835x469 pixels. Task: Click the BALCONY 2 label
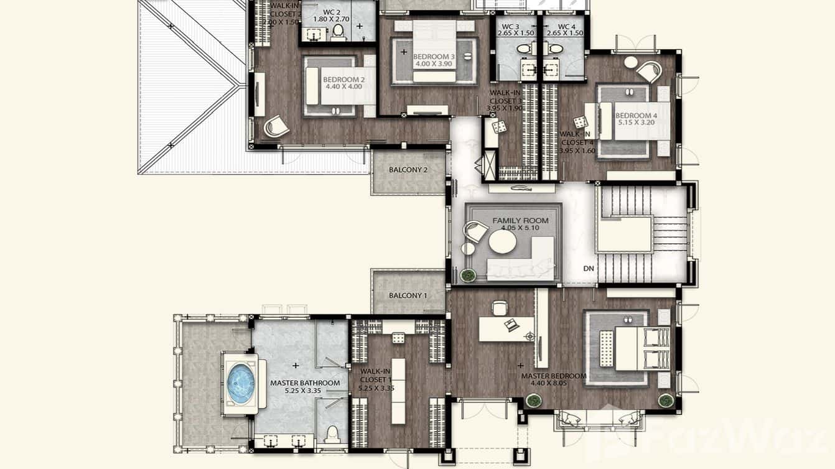(x=408, y=170)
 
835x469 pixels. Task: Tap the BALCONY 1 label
(x=408, y=295)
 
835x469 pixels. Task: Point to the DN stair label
(x=589, y=269)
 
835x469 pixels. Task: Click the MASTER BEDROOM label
(x=554, y=376)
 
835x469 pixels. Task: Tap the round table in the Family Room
(x=502, y=242)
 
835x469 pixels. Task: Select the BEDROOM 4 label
(x=637, y=116)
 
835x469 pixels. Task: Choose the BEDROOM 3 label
(x=434, y=57)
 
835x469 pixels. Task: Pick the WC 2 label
(x=332, y=12)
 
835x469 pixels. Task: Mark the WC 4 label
(x=567, y=27)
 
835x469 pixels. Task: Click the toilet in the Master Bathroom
(x=332, y=432)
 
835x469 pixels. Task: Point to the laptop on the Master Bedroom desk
(x=512, y=324)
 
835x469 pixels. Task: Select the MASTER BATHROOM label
(x=305, y=383)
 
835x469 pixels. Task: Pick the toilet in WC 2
(x=338, y=30)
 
